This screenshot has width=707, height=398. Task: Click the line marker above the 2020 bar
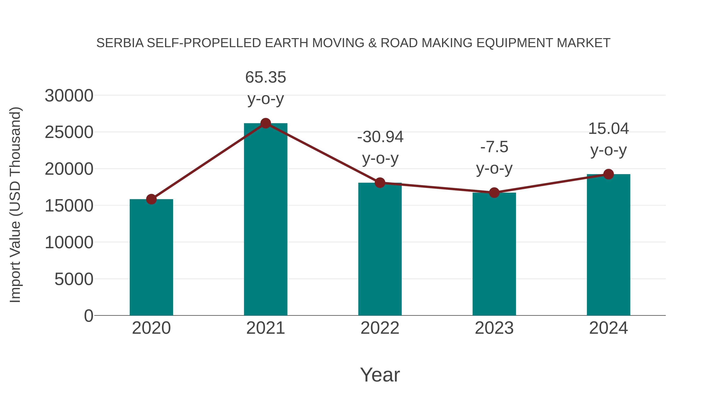[x=151, y=199]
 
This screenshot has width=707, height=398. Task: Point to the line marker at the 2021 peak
[x=265, y=123]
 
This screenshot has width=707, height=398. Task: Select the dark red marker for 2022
[x=380, y=183]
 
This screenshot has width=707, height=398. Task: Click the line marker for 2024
[x=608, y=174]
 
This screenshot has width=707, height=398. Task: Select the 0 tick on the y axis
[x=89, y=316]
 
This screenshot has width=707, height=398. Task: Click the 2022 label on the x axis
[x=380, y=328]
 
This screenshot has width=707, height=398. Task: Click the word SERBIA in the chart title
[x=120, y=43]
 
